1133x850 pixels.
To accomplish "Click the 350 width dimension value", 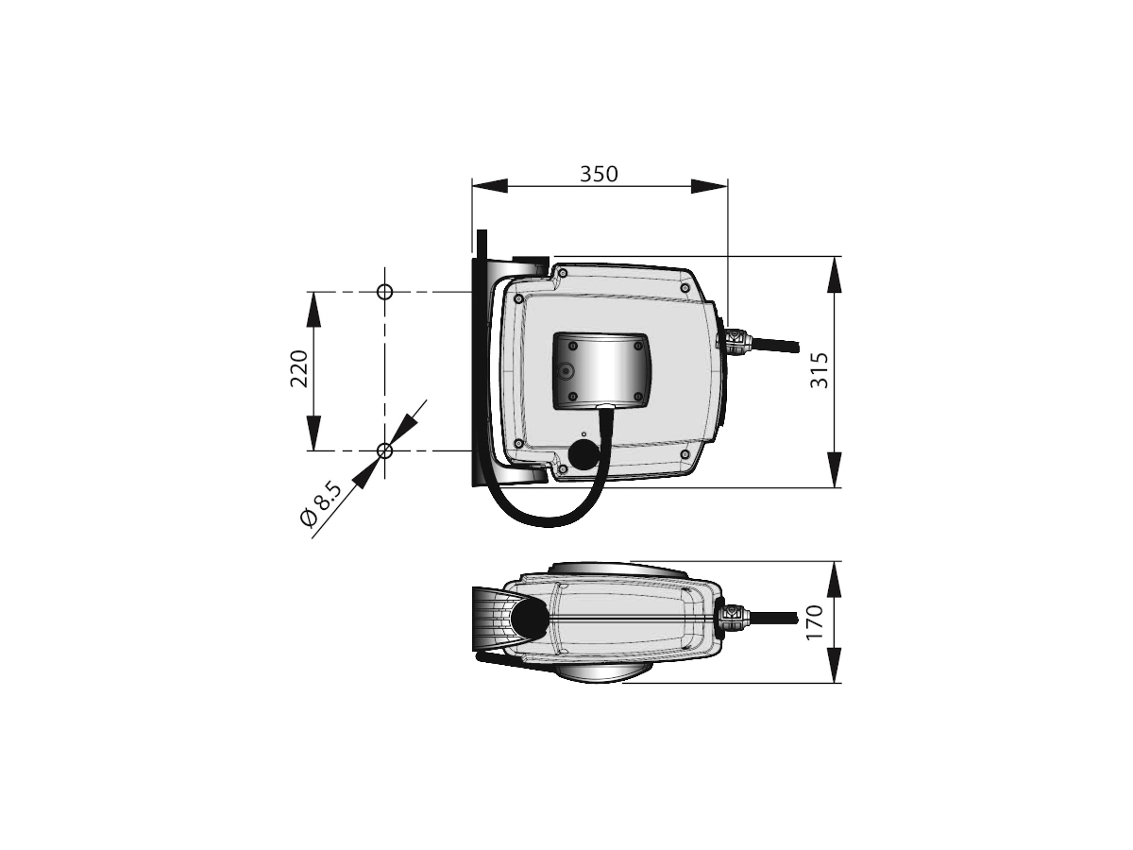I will pyautogui.click(x=599, y=174).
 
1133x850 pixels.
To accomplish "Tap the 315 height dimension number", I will pyautogui.click(x=820, y=370).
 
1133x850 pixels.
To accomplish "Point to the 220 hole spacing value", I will pyautogui.click(x=298, y=368).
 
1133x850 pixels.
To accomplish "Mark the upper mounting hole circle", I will pyautogui.click(x=384, y=291).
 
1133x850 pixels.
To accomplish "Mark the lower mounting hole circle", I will pyautogui.click(x=384, y=451).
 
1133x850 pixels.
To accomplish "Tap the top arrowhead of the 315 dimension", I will pyautogui.click(x=835, y=274).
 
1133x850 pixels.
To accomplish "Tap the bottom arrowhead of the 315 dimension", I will pyautogui.click(x=835, y=469).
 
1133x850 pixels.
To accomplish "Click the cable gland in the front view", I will pyautogui.click(x=736, y=340).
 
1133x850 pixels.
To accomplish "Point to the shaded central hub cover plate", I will pyautogui.click(x=602, y=369).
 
